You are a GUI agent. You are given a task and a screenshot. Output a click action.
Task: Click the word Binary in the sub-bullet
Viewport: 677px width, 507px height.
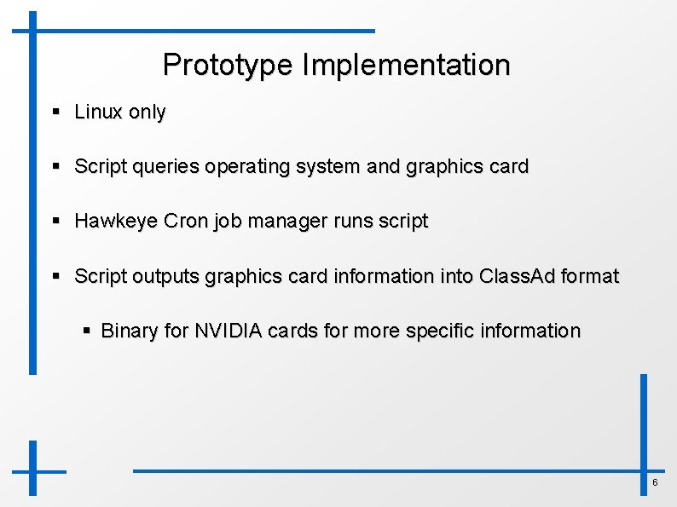[129, 331]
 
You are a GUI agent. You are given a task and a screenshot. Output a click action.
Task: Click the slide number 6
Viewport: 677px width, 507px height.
[655, 483]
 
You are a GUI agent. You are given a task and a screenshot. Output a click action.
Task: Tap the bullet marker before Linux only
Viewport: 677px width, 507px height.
[55, 112]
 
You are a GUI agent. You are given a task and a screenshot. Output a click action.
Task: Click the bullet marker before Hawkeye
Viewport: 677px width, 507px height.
[55, 222]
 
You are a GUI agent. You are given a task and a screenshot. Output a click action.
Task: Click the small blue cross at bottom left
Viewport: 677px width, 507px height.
[33, 470]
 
